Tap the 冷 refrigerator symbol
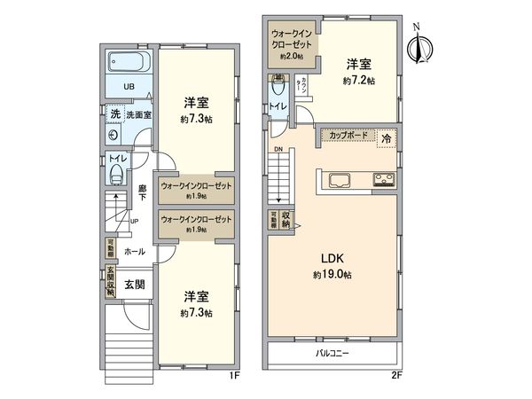point(387,137)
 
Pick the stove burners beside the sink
point(385,181)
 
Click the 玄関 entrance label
point(135,285)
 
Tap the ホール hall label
point(135,252)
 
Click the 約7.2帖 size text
point(358,80)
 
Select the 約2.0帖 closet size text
point(292,56)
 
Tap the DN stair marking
point(278,149)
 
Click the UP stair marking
point(134,221)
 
